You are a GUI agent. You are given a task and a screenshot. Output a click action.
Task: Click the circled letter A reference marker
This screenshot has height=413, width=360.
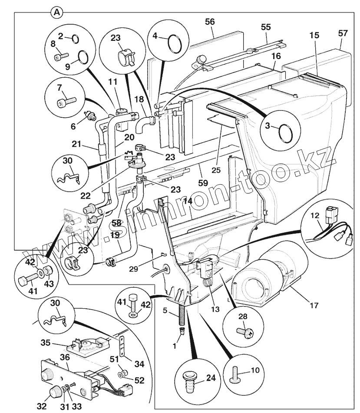pos(56,12)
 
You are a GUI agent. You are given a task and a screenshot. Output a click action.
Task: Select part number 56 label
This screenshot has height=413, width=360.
pos(209,22)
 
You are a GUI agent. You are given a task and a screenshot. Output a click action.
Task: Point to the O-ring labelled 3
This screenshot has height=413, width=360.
pos(285,132)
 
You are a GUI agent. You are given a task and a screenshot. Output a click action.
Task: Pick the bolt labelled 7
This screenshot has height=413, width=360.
pos(66,101)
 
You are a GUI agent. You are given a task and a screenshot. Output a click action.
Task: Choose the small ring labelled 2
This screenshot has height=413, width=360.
pos(75,39)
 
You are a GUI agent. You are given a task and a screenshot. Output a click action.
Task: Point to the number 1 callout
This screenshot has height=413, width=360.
pos(175,347)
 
